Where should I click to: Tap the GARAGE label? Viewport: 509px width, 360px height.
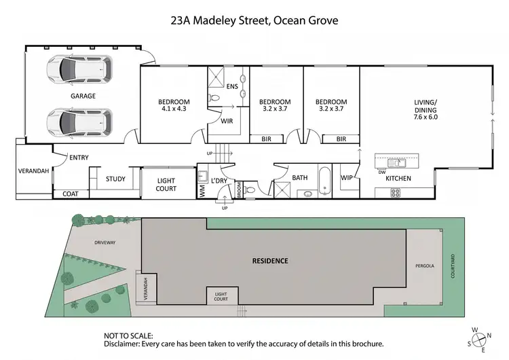tap(83, 96)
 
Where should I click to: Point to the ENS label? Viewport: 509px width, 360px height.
tap(231, 86)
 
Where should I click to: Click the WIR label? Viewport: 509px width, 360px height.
tap(227, 121)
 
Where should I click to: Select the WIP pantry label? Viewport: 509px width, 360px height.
tap(347, 178)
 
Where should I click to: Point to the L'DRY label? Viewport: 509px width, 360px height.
tap(219, 180)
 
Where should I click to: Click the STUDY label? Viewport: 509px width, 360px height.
tap(115, 179)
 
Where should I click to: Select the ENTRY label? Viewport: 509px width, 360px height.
tap(79, 158)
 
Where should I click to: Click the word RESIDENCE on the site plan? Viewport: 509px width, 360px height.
tap(270, 261)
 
